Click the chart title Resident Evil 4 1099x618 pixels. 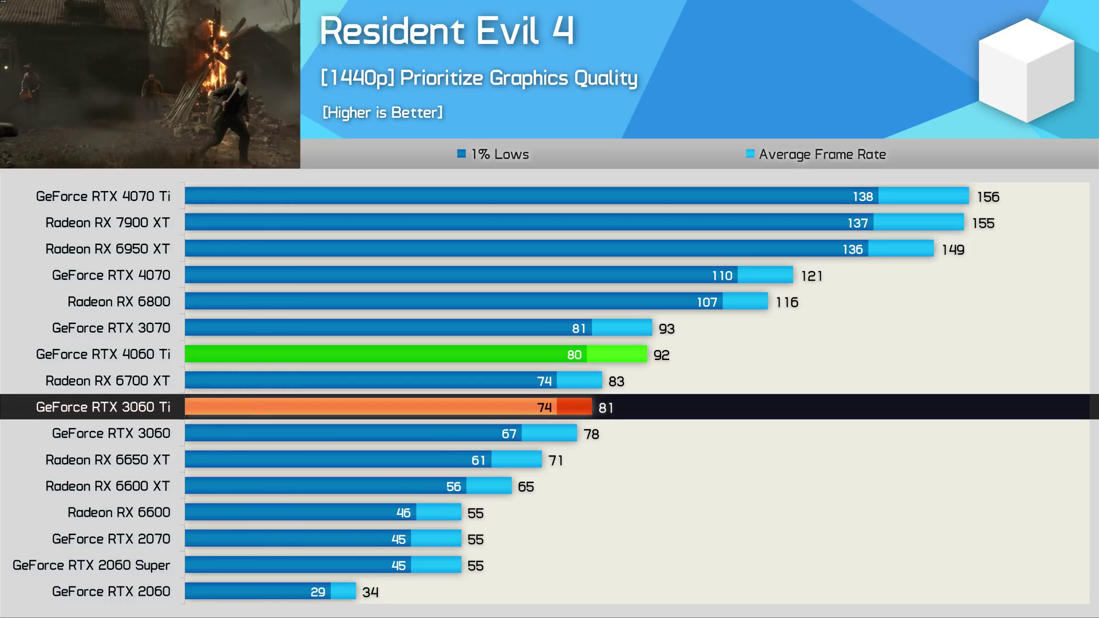tap(446, 31)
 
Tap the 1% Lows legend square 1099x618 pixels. tap(461, 153)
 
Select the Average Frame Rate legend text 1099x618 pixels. tap(822, 154)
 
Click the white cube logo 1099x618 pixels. tap(1026, 70)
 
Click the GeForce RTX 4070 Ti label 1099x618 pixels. tap(103, 196)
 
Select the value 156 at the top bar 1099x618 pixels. tap(988, 197)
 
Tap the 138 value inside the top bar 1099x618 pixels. tap(863, 197)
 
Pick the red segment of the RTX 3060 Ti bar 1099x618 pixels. tap(574, 407)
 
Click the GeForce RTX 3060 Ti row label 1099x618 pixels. tap(103, 407)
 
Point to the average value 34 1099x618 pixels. tap(370, 592)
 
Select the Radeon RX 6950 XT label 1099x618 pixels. tap(108, 249)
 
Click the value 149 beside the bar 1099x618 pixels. tap(953, 249)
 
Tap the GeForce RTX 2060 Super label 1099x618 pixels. tap(92, 565)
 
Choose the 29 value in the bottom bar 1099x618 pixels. tap(318, 592)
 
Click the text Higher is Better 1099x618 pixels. tap(382, 113)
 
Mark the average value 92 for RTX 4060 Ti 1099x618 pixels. tap(662, 355)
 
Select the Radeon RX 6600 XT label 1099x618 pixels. tap(108, 486)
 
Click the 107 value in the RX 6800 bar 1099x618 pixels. tap(707, 302)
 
